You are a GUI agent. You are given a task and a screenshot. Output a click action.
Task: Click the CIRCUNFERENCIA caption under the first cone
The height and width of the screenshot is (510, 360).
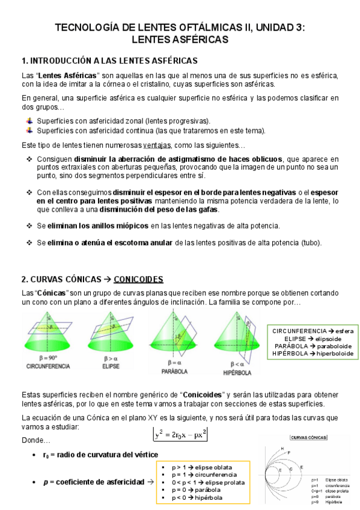pos(48,366)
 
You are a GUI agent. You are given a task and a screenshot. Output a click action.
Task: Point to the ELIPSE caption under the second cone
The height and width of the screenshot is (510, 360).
pos(102,366)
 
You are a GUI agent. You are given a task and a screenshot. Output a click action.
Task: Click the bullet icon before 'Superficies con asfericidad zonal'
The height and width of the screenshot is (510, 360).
pos(29,120)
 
